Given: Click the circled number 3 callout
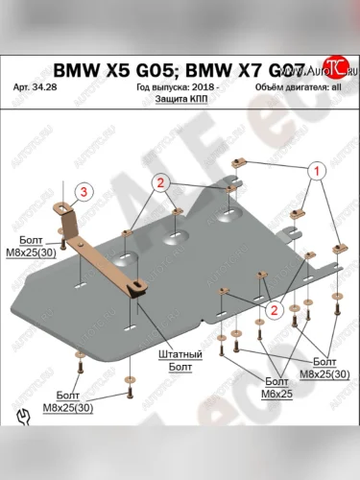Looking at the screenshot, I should [84, 192].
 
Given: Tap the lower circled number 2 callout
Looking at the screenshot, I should [274, 309].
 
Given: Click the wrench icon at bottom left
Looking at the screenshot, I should [22, 420].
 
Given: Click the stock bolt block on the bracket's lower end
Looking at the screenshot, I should [141, 284].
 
